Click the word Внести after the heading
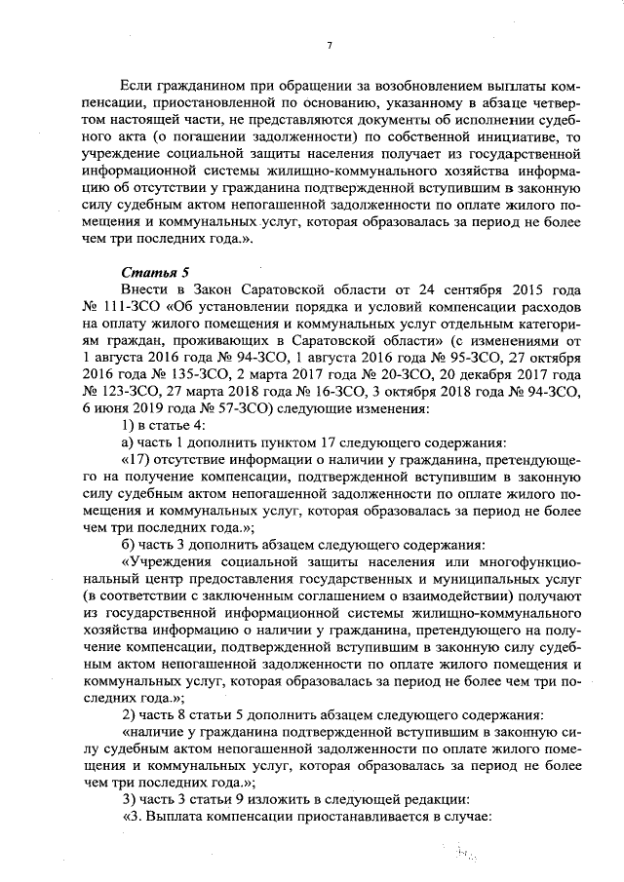tap(146, 291)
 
